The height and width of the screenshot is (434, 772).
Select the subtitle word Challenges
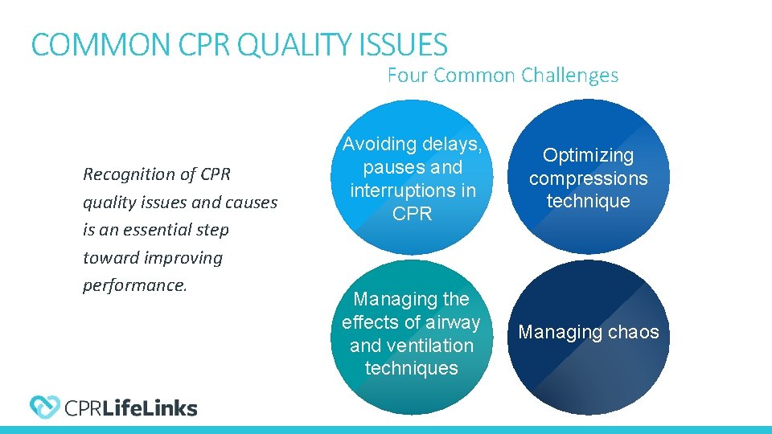tap(569, 76)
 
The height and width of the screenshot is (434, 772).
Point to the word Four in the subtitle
tap(407, 76)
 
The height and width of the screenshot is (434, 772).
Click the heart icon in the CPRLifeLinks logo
tap(44, 407)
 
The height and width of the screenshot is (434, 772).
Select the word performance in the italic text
tap(133, 286)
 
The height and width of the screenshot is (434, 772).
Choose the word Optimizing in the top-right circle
tap(588, 155)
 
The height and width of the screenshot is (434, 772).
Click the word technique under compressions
tap(588, 201)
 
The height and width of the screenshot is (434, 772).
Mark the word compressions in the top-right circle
tap(588, 178)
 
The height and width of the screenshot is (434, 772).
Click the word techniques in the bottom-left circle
tap(411, 368)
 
